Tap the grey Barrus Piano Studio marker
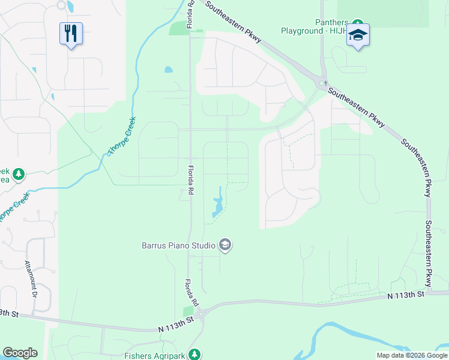coord(225,245)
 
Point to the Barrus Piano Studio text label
coord(178,245)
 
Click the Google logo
coord(20,353)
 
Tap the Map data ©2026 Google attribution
coord(411,355)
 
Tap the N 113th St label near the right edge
coord(406,295)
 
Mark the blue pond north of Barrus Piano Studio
coord(217,204)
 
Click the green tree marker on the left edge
coord(19,174)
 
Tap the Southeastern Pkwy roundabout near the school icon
coord(324,83)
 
